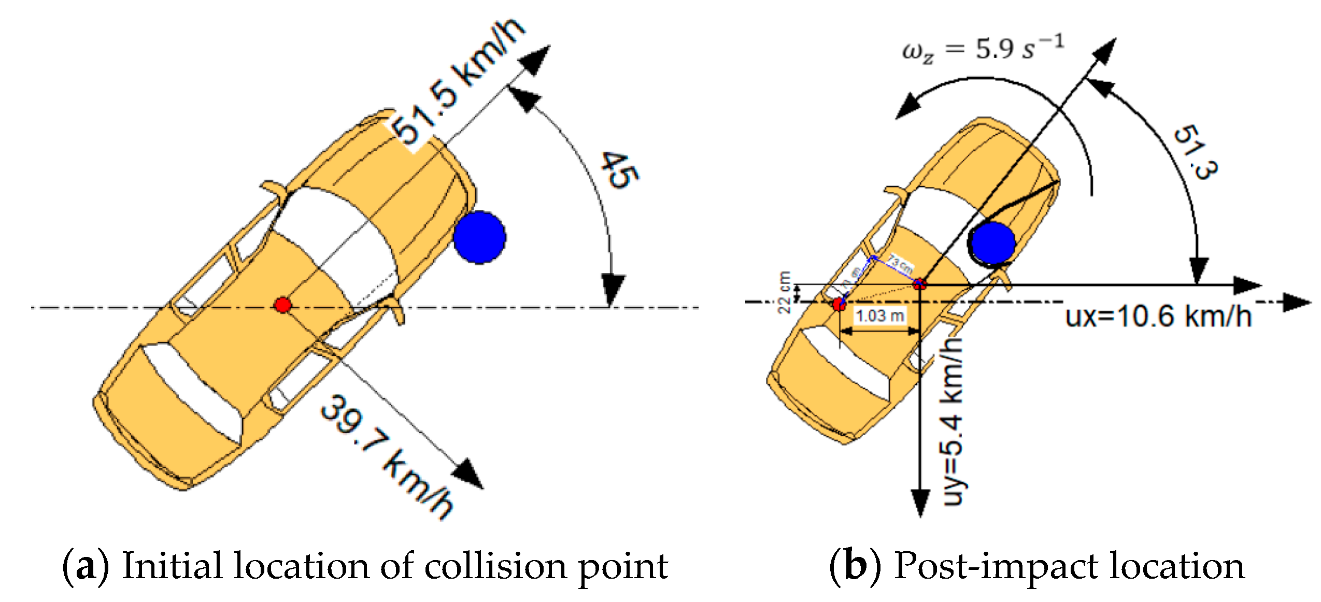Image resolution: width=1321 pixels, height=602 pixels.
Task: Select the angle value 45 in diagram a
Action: [619, 169]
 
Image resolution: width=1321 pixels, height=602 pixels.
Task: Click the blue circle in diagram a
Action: [479, 237]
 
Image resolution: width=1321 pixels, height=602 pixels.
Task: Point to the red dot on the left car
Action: [282, 305]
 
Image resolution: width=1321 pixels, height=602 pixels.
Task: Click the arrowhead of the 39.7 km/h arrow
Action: [468, 475]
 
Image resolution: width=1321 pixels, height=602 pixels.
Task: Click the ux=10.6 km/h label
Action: [1158, 316]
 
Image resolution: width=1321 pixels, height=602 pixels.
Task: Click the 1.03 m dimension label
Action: [879, 316]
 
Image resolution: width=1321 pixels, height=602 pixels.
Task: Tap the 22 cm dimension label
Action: [785, 292]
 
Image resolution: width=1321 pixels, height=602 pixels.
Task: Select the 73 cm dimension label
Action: [900, 264]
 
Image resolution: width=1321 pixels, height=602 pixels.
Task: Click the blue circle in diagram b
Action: [992, 243]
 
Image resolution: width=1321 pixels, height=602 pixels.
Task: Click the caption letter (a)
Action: [86, 566]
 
